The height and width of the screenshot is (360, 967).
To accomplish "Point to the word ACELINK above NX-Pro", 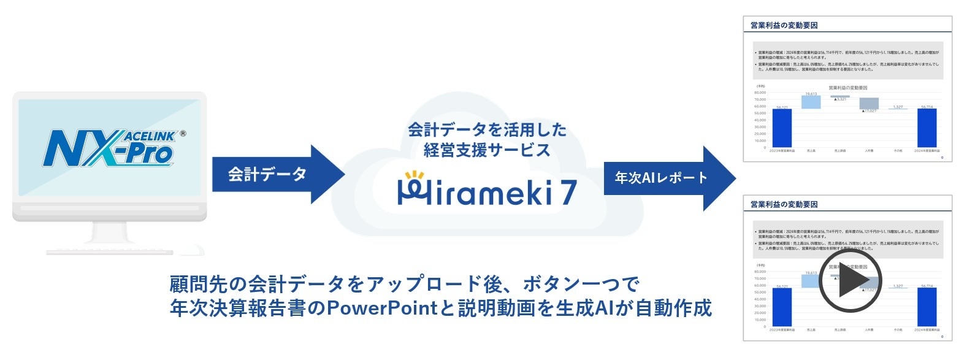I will coord(150,136).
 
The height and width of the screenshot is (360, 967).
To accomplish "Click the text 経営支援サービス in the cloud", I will coord(487,150).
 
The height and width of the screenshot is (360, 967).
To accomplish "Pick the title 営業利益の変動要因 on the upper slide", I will coord(784,25).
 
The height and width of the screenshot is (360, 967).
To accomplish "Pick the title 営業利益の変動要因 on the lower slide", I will coord(784,204).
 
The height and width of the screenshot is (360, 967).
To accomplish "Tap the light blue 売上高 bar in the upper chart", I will coord(811,102).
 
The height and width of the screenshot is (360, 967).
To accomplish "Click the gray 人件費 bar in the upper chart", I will coord(868,103).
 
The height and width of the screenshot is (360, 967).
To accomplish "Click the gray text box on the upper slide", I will coord(847,61).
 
